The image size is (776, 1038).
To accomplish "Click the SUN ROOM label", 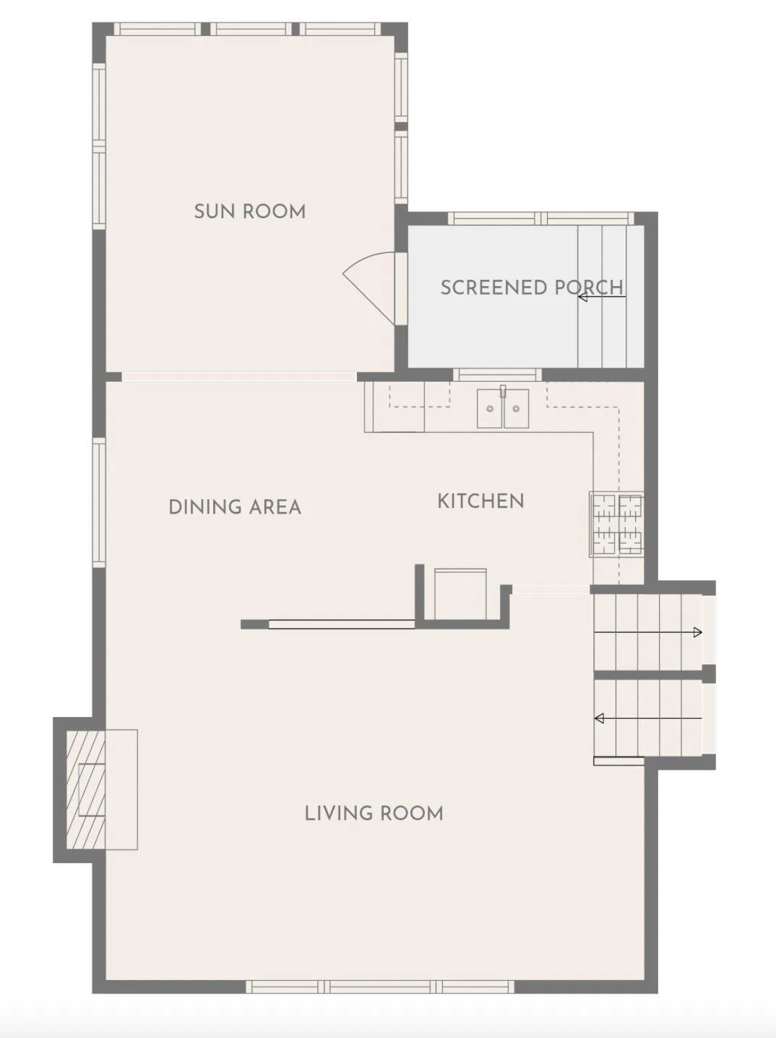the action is (x=250, y=211).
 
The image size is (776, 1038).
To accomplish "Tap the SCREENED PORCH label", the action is (x=532, y=288).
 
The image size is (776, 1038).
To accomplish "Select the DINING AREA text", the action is (x=235, y=507).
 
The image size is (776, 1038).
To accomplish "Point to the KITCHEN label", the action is (x=481, y=501).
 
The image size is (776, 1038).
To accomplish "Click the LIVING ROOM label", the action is (x=374, y=813).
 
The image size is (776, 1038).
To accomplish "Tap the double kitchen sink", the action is (x=503, y=408).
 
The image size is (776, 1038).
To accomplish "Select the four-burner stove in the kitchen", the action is (x=616, y=524).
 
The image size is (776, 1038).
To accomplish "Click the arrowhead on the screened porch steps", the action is (x=582, y=297).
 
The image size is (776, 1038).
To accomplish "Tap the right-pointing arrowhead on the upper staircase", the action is (x=697, y=632).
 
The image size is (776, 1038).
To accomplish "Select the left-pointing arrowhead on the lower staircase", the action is (x=599, y=719).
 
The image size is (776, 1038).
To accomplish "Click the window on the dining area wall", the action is (x=99, y=502).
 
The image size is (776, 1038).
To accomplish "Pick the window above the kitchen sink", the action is (x=498, y=374).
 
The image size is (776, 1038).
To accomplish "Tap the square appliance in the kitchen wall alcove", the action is (x=460, y=593).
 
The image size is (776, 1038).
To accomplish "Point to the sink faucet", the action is (x=503, y=391).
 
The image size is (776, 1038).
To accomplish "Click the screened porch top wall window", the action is (x=540, y=218).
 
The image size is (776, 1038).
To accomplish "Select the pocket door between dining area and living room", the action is (x=342, y=625).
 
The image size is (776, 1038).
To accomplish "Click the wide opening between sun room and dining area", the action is (x=239, y=377).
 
